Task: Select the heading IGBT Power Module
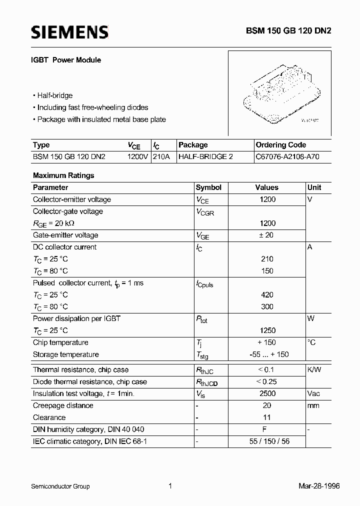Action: pyautogui.click(x=67, y=60)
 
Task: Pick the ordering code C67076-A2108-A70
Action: pyautogui.click(x=286, y=156)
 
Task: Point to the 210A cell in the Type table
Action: pyautogui.click(x=161, y=156)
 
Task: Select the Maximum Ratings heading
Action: pyautogui.click(x=63, y=175)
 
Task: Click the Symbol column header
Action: pyautogui.click(x=208, y=187)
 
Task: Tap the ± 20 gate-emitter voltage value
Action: pyautogui.click(x=267, y=235)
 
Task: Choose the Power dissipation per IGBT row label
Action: pyautogui.click(x=76, y=318)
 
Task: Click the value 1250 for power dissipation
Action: pyautogui.click(x=267, y=330)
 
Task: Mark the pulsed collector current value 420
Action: pyautogui.click(x=267, y=295)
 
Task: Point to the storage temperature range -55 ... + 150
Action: pyautogui.click(x=268, y=354)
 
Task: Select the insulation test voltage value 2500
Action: pyautogui.click(x=267, y=393)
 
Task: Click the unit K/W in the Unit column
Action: pyautogui.click(x=314, y=370)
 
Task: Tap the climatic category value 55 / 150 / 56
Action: pyautogui.click(x=268, y=441)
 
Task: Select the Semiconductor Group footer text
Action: pyautogui.click(x=60, y=486)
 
